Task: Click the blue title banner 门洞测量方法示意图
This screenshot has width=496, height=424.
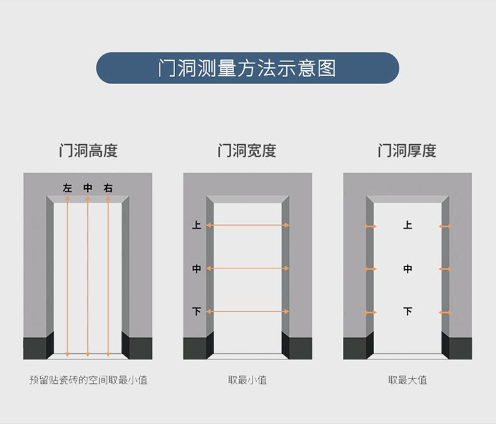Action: (x=247, y=68)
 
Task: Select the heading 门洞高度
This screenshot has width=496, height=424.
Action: (x=89, y=151)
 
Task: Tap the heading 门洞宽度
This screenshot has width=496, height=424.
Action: (x=247, y=151)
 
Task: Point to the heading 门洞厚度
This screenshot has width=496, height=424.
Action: (x=407, y=151)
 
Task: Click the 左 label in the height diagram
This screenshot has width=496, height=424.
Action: (x=67, y=188)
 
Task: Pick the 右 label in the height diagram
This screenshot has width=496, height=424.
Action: (x=108, y=188)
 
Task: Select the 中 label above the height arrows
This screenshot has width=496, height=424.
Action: (x=88, y=188)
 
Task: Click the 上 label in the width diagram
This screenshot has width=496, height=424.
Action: (x=197, y=225)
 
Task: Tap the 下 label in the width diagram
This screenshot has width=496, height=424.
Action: (x=197, y=312)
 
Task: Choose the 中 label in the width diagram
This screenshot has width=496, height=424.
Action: (x=197, y=268)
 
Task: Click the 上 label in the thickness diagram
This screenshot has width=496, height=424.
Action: (x=407, y=225)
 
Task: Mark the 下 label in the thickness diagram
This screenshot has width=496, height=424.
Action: (x=407, y=312)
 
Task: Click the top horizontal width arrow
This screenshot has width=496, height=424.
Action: (x=247, y=225)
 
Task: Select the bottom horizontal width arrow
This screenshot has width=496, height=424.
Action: (x=247, y=312)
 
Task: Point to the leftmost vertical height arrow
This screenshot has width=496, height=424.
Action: (x=67, y=277)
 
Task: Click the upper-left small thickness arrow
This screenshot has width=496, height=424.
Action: (x=370, y=226)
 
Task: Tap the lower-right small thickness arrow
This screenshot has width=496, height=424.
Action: (x=445, y=312)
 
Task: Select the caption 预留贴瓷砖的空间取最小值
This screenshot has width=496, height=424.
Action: (x=89, y=379)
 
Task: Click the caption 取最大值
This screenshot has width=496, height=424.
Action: (x=407, y=379)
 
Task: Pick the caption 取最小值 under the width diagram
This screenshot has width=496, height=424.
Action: (x=247, y=379)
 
